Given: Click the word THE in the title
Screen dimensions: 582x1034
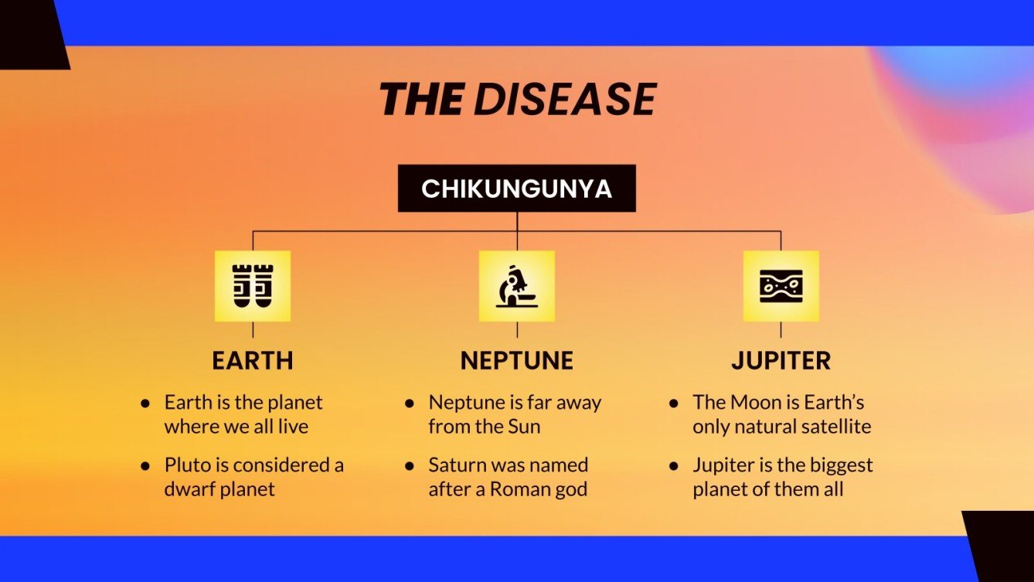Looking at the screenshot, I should (x=421, y=100).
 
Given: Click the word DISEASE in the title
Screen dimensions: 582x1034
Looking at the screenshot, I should (x=565, y=100).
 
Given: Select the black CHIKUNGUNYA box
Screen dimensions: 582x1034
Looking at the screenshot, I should (x=516, y=189).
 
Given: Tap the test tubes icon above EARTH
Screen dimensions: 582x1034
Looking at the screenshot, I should (x=253, y=286).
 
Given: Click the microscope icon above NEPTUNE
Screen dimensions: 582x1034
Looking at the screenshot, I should (x=516, y=286).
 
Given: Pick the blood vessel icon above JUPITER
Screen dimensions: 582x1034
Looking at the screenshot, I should (x=781, y=286).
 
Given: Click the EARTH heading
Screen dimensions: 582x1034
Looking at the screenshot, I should (x=253, y=360).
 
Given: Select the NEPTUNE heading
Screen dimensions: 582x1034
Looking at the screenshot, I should (x=516, y=360).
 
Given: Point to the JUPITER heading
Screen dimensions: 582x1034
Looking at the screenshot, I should (x=781, y=360).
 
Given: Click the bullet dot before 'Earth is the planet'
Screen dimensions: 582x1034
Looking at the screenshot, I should (x=145, y=403).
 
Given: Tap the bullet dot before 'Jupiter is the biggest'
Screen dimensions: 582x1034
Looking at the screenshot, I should (x=674, y=466).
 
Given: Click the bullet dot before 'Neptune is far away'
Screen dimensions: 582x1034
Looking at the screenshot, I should (x=410, y=403).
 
